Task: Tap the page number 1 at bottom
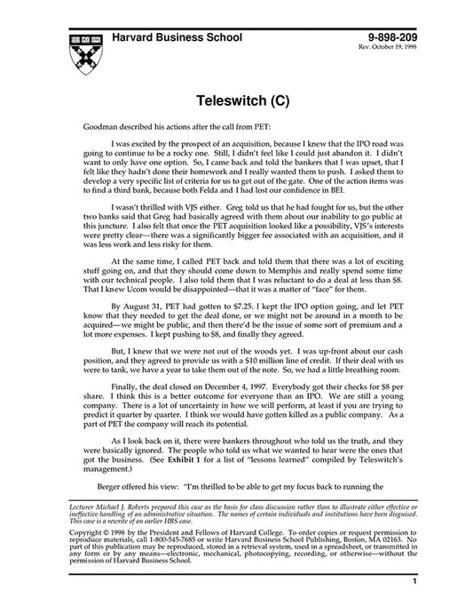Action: coord(414,604)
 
